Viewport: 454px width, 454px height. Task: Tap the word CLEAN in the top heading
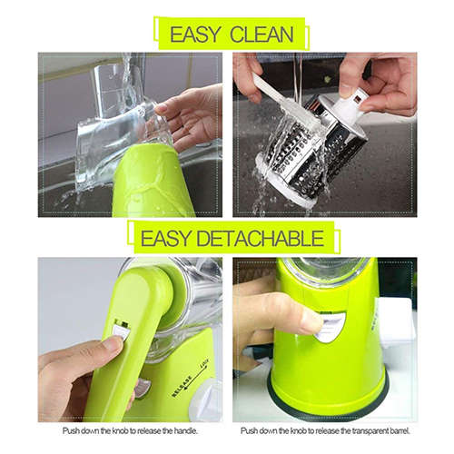(261, 35)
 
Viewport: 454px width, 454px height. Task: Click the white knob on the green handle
(119, 330)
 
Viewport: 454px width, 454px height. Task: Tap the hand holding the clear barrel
(191, 113)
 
